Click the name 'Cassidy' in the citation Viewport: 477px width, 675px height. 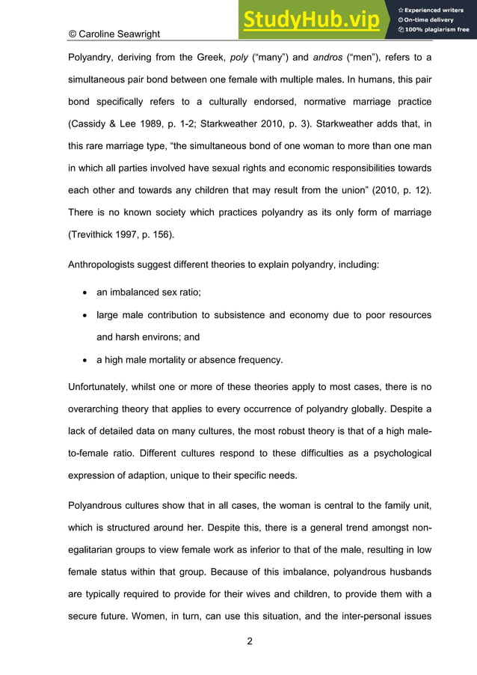click(91, 123)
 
